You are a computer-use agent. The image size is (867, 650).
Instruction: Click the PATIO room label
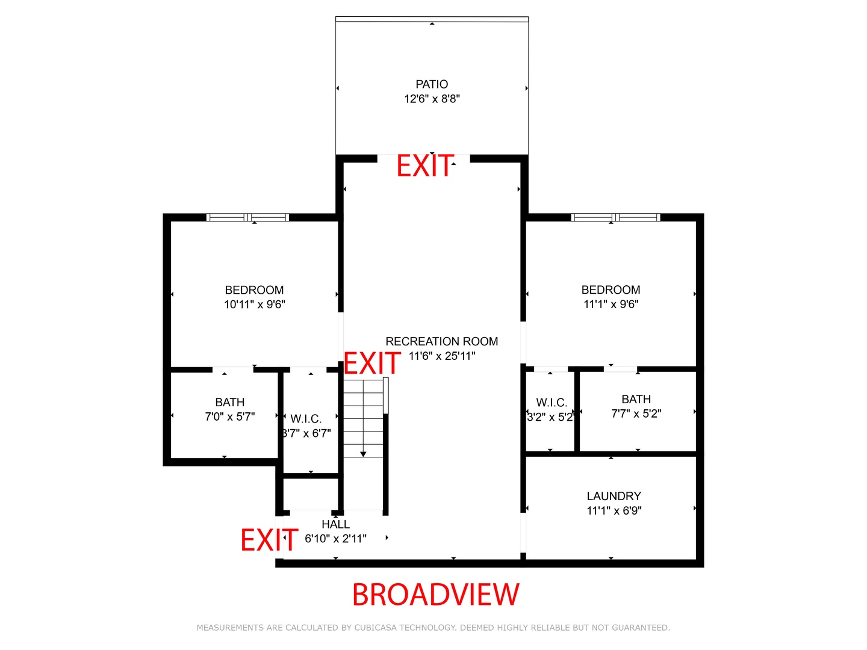(x=432, y=84)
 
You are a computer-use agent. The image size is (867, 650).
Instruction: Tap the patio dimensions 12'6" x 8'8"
(x=432, y=99)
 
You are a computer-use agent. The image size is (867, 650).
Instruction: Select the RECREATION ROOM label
(x=441, y=341)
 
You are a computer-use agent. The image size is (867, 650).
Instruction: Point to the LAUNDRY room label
(x=614, y=496)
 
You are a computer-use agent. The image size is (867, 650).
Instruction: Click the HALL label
(x=335, y=524)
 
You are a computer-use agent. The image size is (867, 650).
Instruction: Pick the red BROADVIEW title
(x=435, y=595)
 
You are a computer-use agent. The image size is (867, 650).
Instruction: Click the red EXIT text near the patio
(x=424, y=166)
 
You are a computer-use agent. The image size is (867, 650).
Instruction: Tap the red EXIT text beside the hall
(x=269, y=540)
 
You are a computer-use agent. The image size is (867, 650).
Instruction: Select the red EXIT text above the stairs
(x=371, y=363)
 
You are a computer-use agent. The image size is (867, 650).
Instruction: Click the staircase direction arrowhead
(x=363, y=454)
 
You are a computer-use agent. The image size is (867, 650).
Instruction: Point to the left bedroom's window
(x=247, y=217)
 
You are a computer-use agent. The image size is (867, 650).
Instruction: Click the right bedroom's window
(x=615, y=217)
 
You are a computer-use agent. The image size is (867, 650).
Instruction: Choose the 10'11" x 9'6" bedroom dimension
(x=254, y=305)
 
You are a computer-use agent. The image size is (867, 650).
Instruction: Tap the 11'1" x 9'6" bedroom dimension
(x=611, y=305)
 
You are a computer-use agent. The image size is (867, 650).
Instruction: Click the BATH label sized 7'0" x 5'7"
(x=229, y=402)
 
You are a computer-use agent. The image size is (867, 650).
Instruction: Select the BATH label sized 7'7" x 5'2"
(x=636, y=399)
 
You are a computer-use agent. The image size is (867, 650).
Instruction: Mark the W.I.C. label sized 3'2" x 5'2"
(x=552, y=403)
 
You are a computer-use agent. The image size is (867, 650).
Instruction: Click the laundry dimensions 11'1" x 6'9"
(x=614, y=511)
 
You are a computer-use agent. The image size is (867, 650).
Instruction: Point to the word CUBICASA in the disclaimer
(x=376, y=628)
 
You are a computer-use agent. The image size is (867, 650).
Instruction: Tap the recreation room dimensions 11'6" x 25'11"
(x=441, y=356)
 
